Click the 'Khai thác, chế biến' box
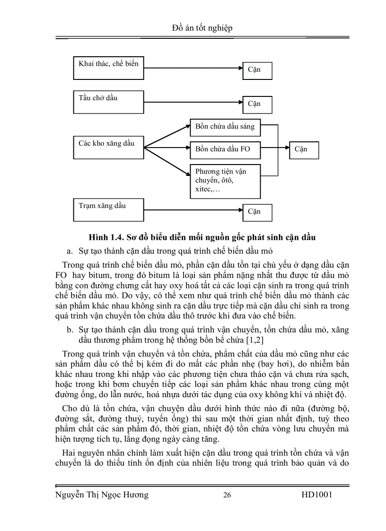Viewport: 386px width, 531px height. click(x=108, y=68)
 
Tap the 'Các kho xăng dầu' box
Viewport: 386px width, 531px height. click(x=108, y=148)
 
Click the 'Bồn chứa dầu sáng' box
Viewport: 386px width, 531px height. click(x=225, y=126)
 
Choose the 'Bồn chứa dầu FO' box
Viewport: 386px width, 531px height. click(x=225, y=149)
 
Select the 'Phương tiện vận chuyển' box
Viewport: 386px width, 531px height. click(x=225, y=181)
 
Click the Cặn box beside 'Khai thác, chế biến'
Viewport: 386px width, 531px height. click(x=257, y=70)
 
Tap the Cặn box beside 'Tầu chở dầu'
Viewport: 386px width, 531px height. click(x=257, y=104)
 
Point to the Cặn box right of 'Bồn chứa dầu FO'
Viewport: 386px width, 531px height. click(x=304, y=149)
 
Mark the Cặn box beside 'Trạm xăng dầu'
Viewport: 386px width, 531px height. click(x=257, y=212)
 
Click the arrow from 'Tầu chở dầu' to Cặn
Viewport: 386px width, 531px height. click(x=193, y=101)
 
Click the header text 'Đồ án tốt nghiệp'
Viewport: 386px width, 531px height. click(x=202, y=28)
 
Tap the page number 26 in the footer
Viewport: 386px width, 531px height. click(x=227, y=495)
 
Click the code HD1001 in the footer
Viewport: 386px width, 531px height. click(x=316, y=495)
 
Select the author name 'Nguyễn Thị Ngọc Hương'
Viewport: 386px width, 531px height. click(x=102, y=495)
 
